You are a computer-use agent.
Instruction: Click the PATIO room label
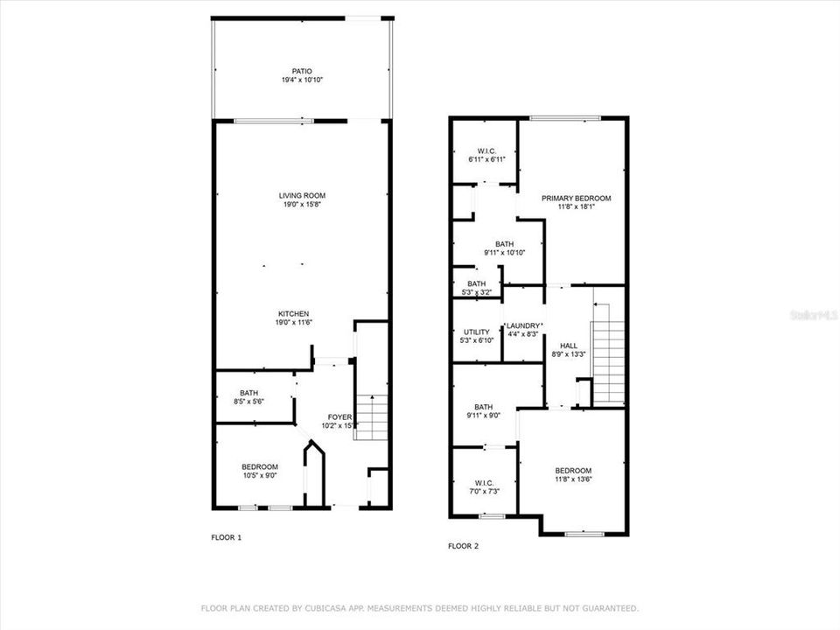pyautogui.click(x=302, y=71)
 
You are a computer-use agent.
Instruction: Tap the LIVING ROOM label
pyautogui.click(x=302, y=195)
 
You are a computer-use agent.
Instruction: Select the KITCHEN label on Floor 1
pyautogui.click(x=293, y=313)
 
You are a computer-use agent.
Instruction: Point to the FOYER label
pyautogui.click(x=340, y=416)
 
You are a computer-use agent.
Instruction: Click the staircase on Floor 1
pyautogui.click(x=372, y=418)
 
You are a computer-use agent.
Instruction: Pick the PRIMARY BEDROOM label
pyautogui.click(x=576, y=199)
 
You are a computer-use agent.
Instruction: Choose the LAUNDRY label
pyautogui.click(x=524, y=325)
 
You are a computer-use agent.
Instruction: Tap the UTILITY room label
pyautogui.click(x=476, y=332)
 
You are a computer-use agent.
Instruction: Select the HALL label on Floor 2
pyautogui.click(x=569, y=345)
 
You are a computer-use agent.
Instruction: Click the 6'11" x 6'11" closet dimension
pyautogui.click(x=483, y=160)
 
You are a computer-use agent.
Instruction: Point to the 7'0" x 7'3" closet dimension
pyautogui.click(x=484, y=492)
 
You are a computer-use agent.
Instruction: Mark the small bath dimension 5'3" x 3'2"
pyautogui.click(x=476, y=293)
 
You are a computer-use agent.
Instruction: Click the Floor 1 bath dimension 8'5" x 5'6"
pyautogui.click(x=248, y=402)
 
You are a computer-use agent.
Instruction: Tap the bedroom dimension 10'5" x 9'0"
pyautogui.click(x=260, y=476)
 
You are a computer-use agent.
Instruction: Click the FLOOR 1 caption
pyautogui.click(x=227, y=537)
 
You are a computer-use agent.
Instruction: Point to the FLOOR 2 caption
pyautogui.click(x=464, y=546)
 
